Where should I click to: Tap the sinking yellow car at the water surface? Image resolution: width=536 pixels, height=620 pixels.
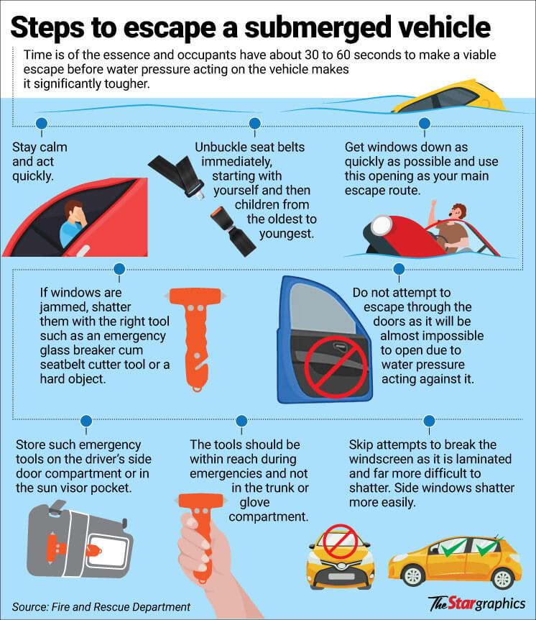(450, 97)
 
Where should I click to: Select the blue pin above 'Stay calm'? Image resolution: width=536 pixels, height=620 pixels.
(42, 123)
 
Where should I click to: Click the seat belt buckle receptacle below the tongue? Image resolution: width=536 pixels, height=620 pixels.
(232, 231)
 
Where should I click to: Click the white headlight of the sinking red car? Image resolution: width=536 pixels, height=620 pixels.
(382, 225)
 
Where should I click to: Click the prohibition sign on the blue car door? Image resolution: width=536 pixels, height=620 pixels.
(336, 367)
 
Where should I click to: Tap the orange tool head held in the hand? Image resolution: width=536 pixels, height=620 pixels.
(201, 501)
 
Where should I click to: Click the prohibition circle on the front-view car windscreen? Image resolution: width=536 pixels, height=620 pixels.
(340, 542)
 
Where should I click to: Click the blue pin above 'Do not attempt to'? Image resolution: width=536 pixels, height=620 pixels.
(399, 269)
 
